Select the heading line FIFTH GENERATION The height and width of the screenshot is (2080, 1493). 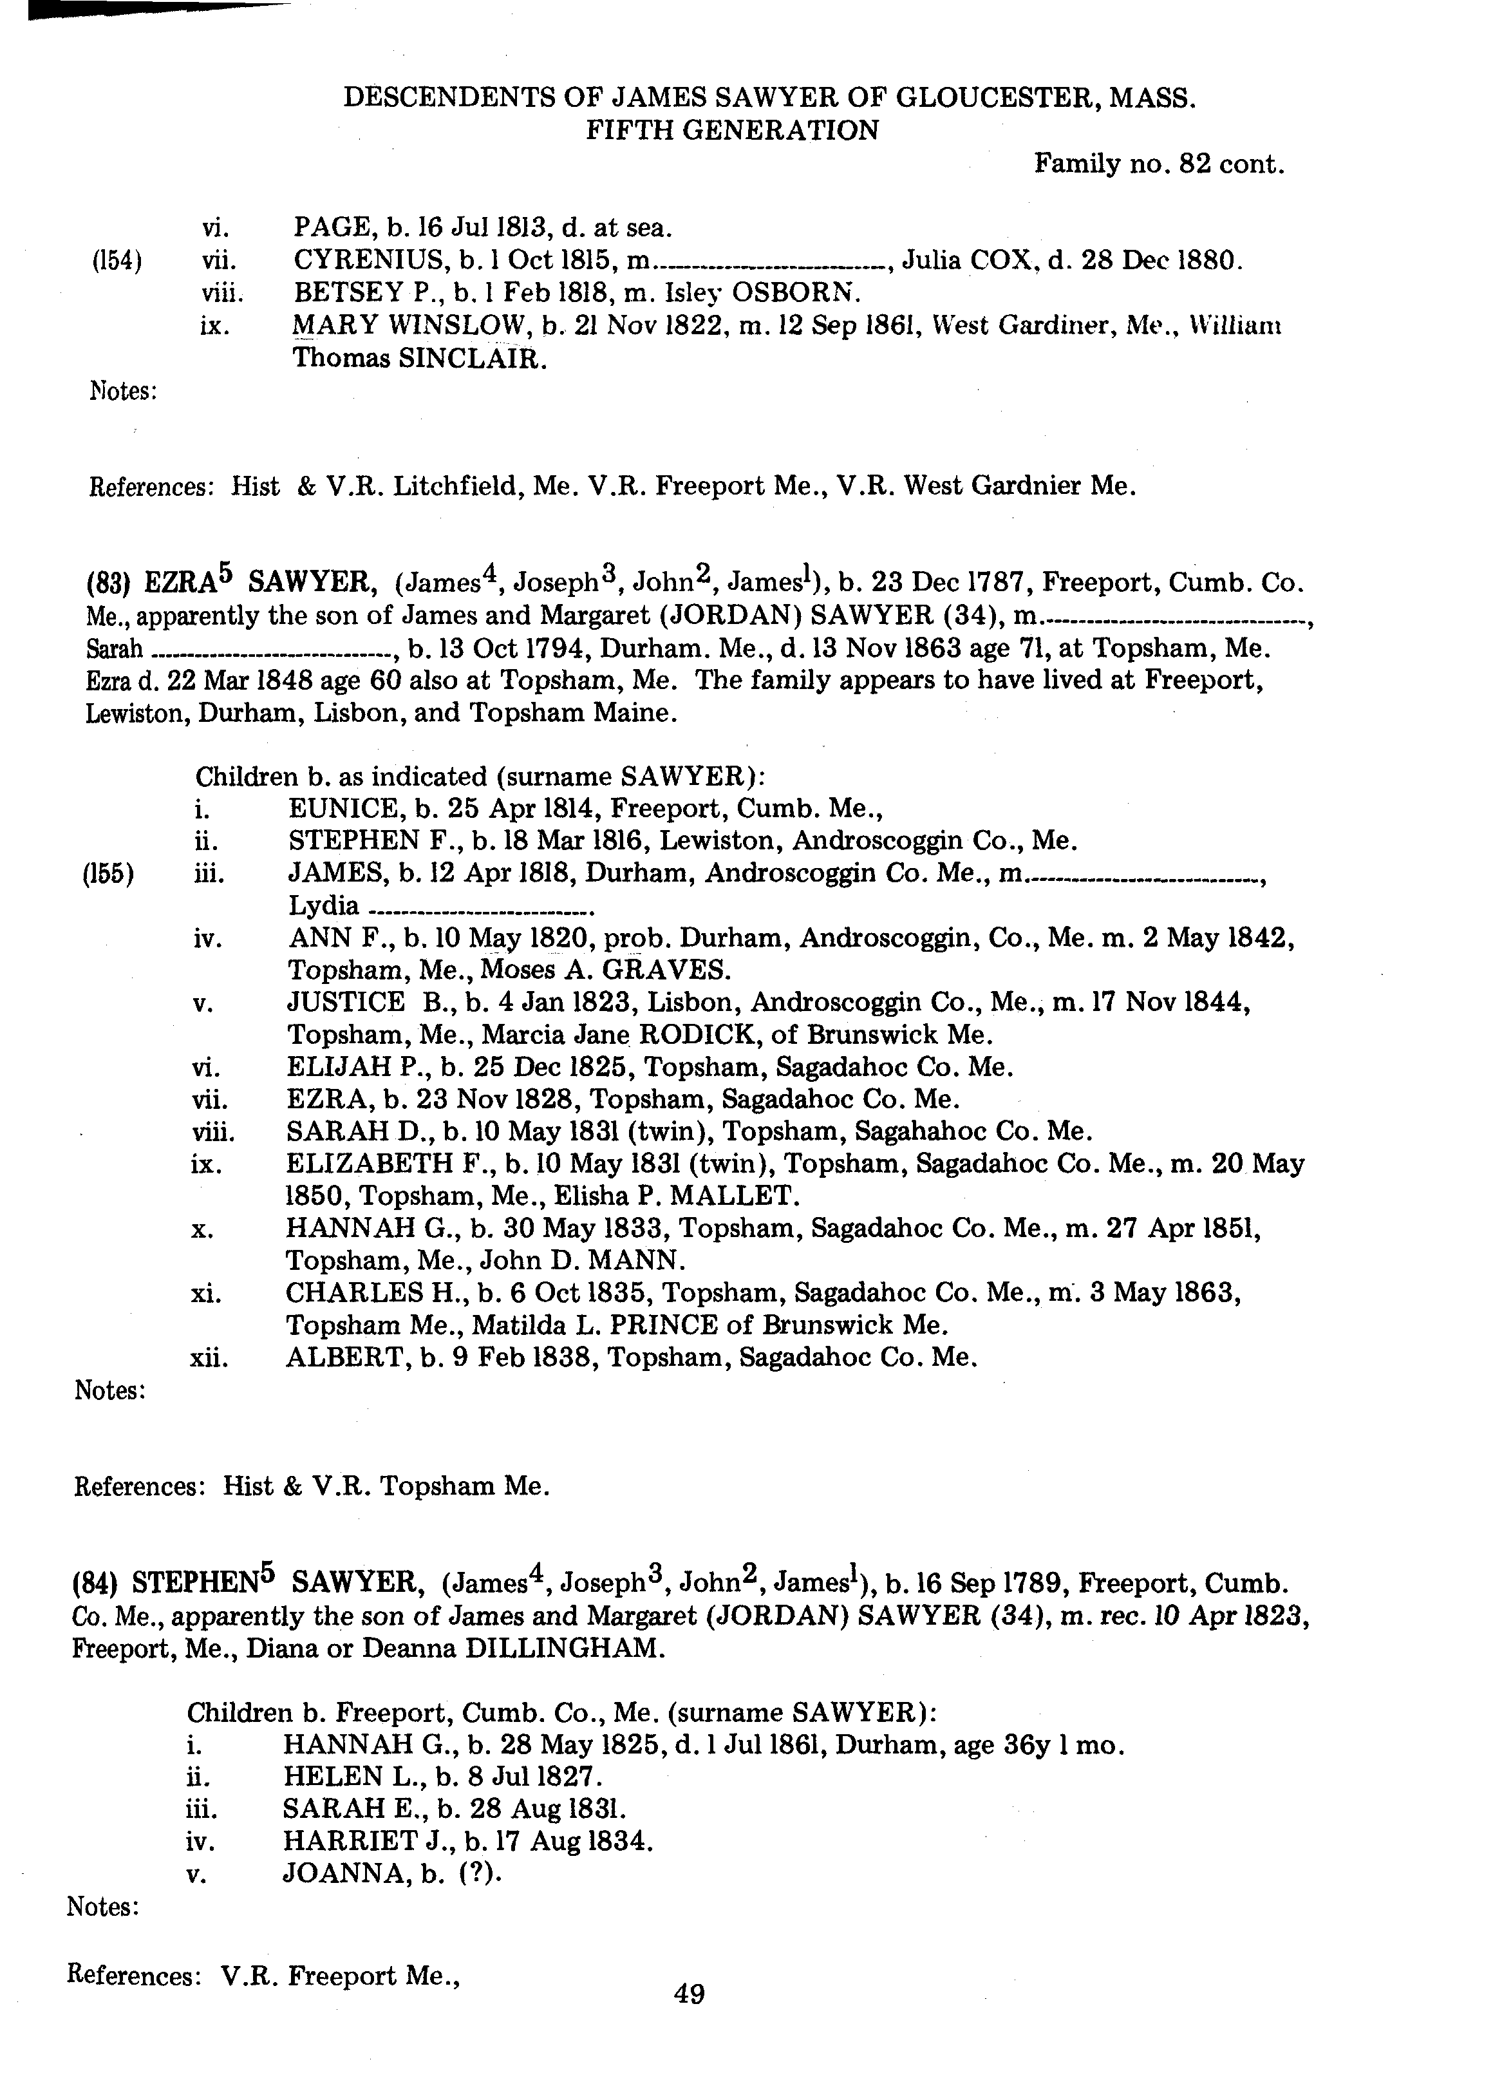(x=732, y=130)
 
